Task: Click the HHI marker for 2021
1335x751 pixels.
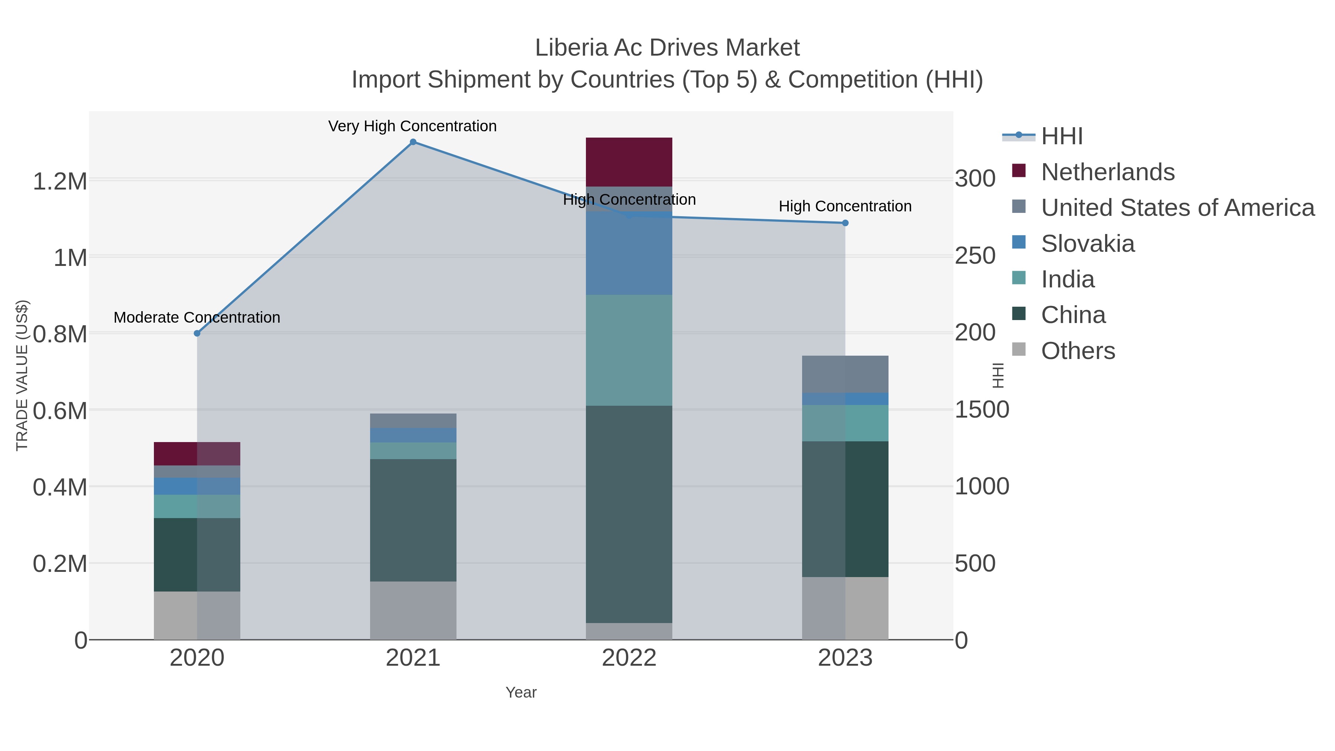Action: pos(413,142)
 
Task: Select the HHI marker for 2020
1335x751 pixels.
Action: pos(197,333)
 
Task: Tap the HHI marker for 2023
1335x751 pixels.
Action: pos(845,223)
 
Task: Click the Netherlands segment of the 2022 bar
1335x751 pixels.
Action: pos(629,162)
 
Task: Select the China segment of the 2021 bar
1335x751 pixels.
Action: pos(413,520)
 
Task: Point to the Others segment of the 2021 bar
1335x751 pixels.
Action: pos(413,610)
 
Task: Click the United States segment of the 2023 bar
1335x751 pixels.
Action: pos(845,374)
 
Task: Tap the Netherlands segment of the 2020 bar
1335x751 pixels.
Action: pos(197,454)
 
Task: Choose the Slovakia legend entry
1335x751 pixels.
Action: pos(1087,244)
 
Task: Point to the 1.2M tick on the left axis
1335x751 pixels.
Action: pos(60,181)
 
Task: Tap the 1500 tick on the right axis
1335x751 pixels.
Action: pos(982,409)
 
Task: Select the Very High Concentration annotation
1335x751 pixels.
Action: pos(412,126)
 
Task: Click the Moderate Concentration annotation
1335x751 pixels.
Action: pos(197,317)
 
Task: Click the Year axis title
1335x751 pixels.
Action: pos(521,692)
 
